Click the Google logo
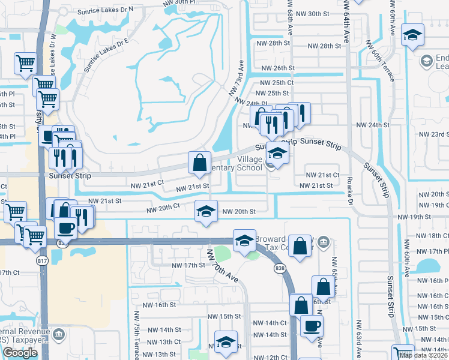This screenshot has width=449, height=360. point(20,353)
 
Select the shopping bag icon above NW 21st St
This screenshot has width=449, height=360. point(199,162)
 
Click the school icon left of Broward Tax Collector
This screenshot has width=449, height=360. point(244,241)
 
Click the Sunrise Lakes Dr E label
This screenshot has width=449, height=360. point(107,52)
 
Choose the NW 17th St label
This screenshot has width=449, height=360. point(188,265)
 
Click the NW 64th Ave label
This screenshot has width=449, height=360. point(347,20)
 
